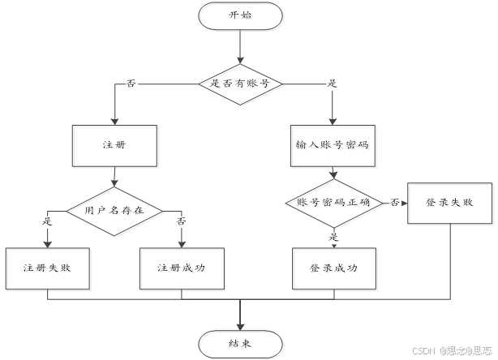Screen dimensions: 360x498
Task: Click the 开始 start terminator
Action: (x=240, y=15)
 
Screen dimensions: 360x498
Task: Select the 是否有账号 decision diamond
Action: (x=240, y=83)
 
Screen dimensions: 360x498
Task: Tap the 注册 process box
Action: (x=113, y=146)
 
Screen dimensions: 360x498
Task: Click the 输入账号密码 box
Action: (x=333, y=146)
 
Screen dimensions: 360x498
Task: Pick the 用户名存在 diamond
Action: (x=113, y=210)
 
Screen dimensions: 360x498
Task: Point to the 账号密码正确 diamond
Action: (x=333, y=203)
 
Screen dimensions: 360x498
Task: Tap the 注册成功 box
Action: (x=181, y=267)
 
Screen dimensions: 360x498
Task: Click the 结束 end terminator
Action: (x=240, y=343)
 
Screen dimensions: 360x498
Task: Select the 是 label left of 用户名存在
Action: (x=46, y=221)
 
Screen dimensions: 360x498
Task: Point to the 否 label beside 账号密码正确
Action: (x=394, y=202)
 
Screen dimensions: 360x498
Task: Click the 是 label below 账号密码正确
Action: (x=333, y=237)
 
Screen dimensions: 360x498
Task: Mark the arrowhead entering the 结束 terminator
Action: (x=240, y=324)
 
